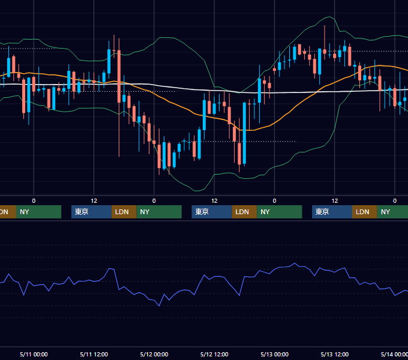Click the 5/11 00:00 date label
click(34, 354)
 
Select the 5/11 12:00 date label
click(94, 354)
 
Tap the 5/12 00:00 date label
click(154, 354)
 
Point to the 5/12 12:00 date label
click(214, 354)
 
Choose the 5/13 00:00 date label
click(275, 354)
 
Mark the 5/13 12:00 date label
click(335, 354)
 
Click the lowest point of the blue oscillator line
click(159, 306)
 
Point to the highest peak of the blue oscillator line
click(295, 263)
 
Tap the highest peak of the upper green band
click(329, 17)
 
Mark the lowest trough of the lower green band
click(197, 191)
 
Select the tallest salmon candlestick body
click(119, 76)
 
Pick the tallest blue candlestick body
click(244, 133)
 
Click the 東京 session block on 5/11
click(91, 212)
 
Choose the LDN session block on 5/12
click(244, 212)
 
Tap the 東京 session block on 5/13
click(332, 212)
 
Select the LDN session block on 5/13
click(365, 212)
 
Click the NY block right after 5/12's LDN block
click(280, 212)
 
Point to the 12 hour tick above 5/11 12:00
click(94, 201)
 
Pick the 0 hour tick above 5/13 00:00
click(275, 201)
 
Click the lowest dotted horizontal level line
click(239, 141)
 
